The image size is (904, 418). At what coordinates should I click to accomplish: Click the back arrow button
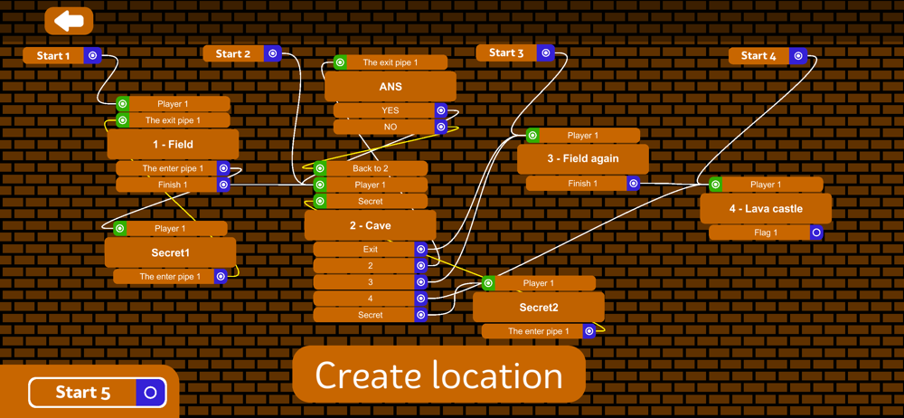click(x=69, y=20)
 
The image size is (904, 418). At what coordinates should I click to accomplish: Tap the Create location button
click(x=438, y=375)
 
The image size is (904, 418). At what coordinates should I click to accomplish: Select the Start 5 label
click(x=83, y=393)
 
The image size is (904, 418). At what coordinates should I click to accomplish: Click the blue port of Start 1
click(x=92, y=55)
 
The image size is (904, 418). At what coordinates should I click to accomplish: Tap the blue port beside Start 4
click(x=798, y=56)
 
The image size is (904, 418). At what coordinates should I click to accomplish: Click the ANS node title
click(x=391, y=87)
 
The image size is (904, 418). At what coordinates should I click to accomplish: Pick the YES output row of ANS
click(x=390, y=110)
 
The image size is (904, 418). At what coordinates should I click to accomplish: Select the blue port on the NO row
click(x=441, y=128)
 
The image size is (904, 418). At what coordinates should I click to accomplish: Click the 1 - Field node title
click(x=173, y=144)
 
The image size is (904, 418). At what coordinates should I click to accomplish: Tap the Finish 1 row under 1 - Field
click(x=173, y=185)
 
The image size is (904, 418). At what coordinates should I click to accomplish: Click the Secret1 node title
click(x=170, y=252)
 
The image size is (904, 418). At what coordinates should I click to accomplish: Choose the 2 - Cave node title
click(x=370, y=225)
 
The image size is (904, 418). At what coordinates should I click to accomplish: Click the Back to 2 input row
click(x=371, y=168)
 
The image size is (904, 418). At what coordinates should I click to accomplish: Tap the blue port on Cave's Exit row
click(x=421, y=249)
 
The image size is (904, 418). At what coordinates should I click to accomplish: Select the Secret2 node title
click(x=538, y=308)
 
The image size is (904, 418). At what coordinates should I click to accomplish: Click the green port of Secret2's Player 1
click(x=488, y=283)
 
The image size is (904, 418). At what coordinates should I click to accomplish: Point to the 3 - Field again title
click(x=582, y=159)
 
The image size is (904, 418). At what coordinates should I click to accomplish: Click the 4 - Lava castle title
click(x=766, y=209)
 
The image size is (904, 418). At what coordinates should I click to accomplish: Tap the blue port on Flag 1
click(x=816, y=233)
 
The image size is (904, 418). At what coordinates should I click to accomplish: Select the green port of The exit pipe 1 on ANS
click(x=340, y=62)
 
